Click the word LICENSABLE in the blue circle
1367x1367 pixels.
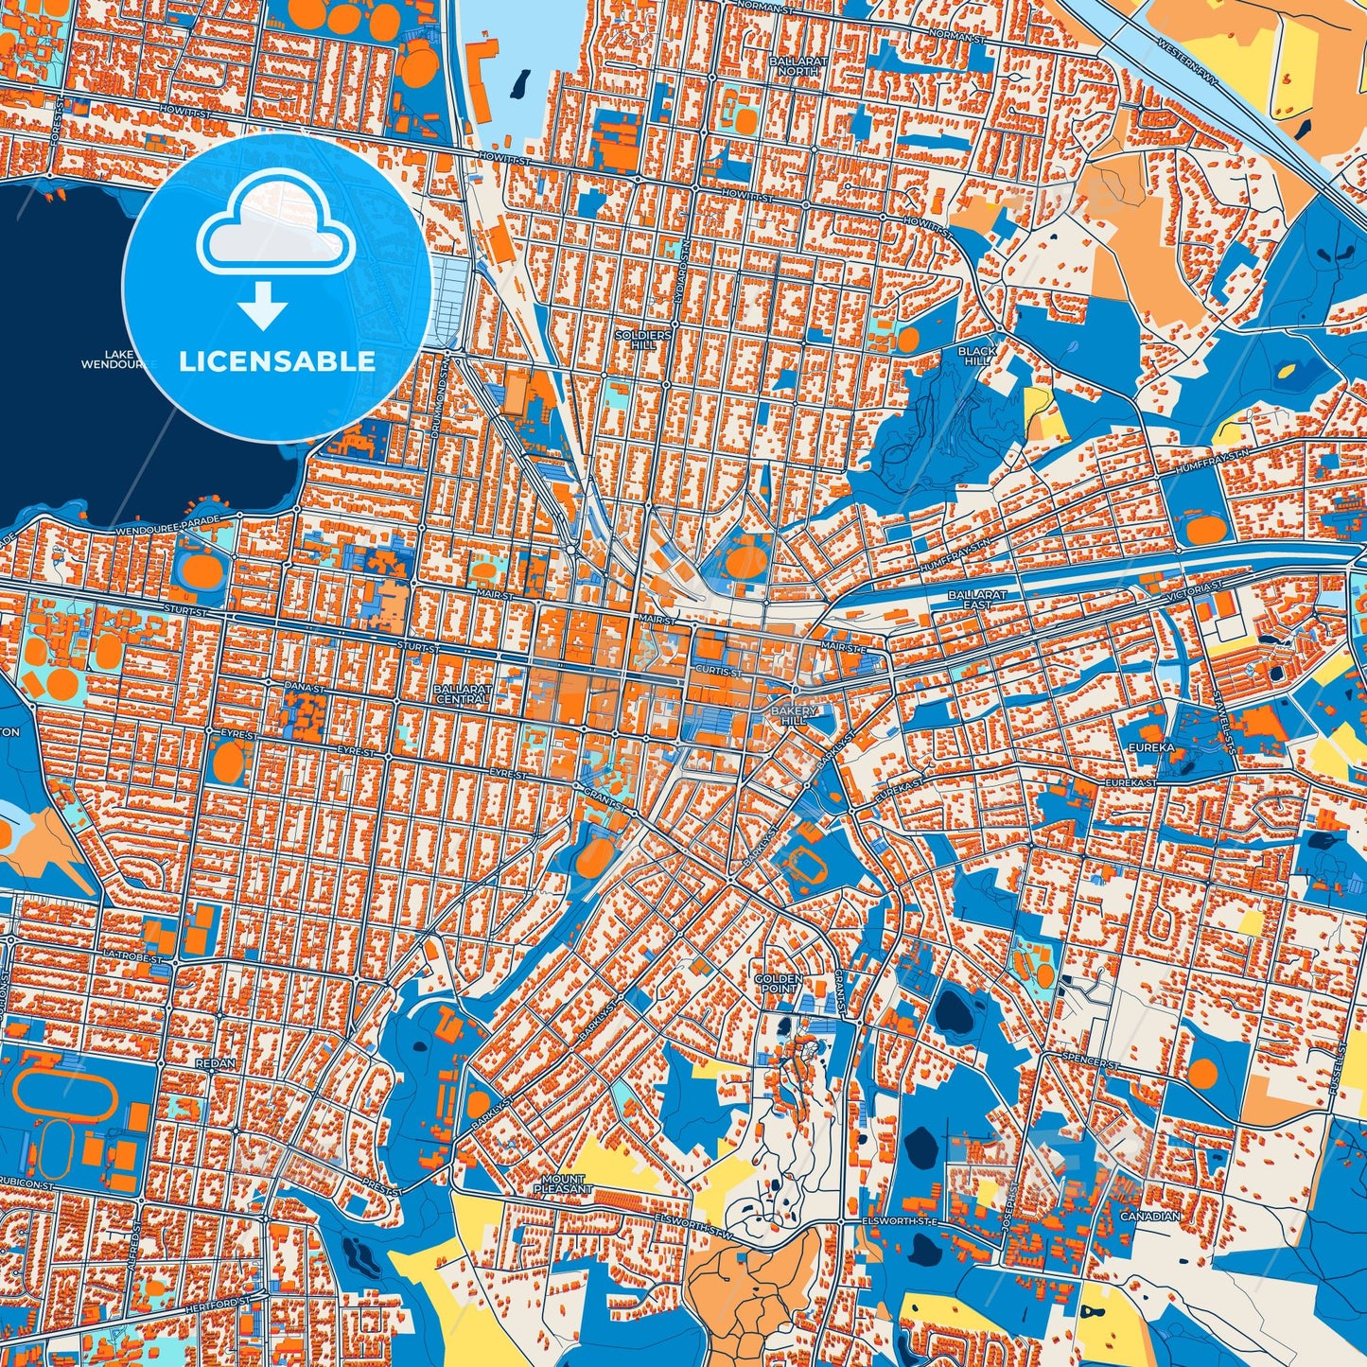pos(277,360)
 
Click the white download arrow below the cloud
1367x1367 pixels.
pos(263,307)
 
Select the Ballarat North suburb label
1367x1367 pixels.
pos(798,65)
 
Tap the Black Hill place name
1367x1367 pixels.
pos(976,356)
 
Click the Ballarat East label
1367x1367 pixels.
pos(977,599)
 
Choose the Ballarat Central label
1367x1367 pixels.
pos(463,693)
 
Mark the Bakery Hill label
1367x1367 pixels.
pos(793,715)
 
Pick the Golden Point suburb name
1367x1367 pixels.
pos(778,983)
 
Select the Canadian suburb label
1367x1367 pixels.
pos(1149,1217)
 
